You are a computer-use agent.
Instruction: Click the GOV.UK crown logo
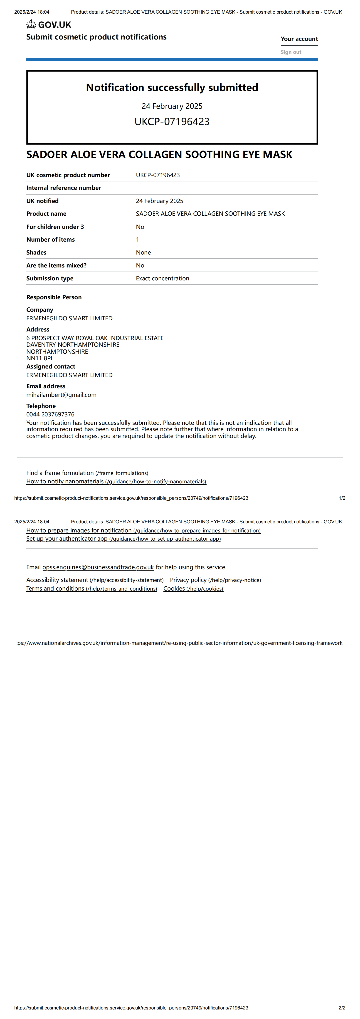point(31,25)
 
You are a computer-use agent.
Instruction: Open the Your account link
point(299,39)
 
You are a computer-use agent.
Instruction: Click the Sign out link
point(291,52)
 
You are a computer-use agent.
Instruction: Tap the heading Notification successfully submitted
point(172,87)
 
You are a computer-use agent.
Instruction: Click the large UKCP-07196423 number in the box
point(172,121)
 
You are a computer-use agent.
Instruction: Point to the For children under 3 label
point(55,227)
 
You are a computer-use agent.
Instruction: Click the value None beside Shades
point(143,252)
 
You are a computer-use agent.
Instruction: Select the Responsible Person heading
point(54,297)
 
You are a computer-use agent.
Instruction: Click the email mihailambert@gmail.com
point(61,395)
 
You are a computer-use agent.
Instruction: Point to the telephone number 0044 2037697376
point(50,414)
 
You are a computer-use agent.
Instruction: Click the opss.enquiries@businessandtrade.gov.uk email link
point(98,567)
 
